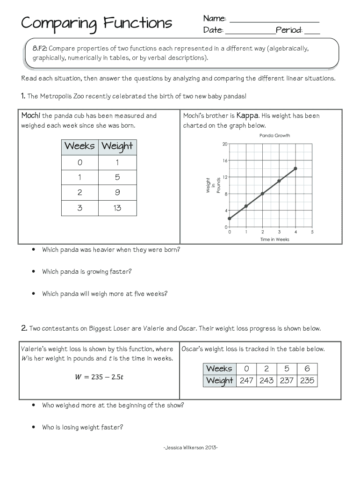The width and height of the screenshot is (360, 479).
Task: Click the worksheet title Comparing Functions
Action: (96, 23)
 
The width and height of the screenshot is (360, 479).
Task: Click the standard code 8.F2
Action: (39, 49)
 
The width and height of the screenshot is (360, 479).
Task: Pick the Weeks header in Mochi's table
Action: (79, 146)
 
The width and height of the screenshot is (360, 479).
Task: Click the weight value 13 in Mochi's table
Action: (117, 208)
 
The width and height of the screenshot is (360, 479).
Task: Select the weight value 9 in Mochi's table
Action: (117, 192)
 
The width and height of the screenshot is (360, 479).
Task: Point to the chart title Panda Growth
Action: (274, 136)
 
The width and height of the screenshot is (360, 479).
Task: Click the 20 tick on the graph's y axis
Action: (225, 144)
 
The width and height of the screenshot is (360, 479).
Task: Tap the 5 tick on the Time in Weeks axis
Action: (312, 232)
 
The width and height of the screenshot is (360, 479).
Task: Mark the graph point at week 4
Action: (295, 168)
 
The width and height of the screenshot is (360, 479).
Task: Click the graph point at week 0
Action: (229, 218)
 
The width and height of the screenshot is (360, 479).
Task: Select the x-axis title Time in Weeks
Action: (274, 239)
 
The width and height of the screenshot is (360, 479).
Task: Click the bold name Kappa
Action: (247, 116)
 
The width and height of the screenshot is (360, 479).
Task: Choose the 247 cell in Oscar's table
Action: (246, 380)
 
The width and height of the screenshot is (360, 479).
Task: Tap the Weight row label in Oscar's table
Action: (219, 380)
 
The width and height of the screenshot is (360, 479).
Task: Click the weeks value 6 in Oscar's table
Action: (307, 369)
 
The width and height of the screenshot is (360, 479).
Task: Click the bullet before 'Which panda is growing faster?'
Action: (34, 272)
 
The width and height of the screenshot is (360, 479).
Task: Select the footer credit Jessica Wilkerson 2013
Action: (191, 448)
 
